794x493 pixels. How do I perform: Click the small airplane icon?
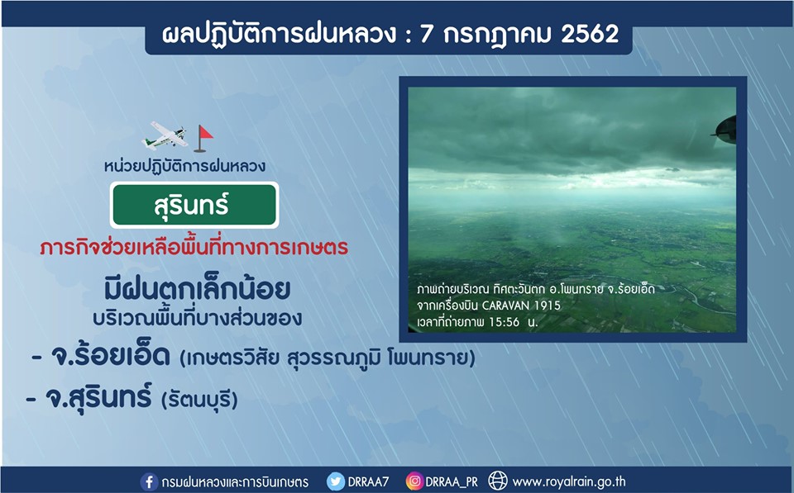166,135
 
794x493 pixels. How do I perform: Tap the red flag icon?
203,138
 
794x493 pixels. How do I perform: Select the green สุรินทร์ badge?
194,205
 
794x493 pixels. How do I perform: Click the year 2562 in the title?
590,34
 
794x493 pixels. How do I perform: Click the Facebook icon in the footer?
149,481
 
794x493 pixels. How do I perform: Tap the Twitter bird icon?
335,481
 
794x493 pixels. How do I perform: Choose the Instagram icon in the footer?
414,481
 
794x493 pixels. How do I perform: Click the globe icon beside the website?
498,481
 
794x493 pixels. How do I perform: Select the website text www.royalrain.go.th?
569,481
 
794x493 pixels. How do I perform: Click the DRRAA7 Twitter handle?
368,481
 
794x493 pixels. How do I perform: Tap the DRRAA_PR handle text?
452,482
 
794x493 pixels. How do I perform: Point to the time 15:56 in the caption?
504,322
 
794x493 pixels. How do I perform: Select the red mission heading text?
194,247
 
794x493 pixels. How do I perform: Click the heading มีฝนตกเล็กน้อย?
197,289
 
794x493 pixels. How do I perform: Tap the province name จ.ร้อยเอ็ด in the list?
110,356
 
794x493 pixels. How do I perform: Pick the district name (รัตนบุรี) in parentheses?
199,400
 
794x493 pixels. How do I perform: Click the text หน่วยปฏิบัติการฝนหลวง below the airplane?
184,166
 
